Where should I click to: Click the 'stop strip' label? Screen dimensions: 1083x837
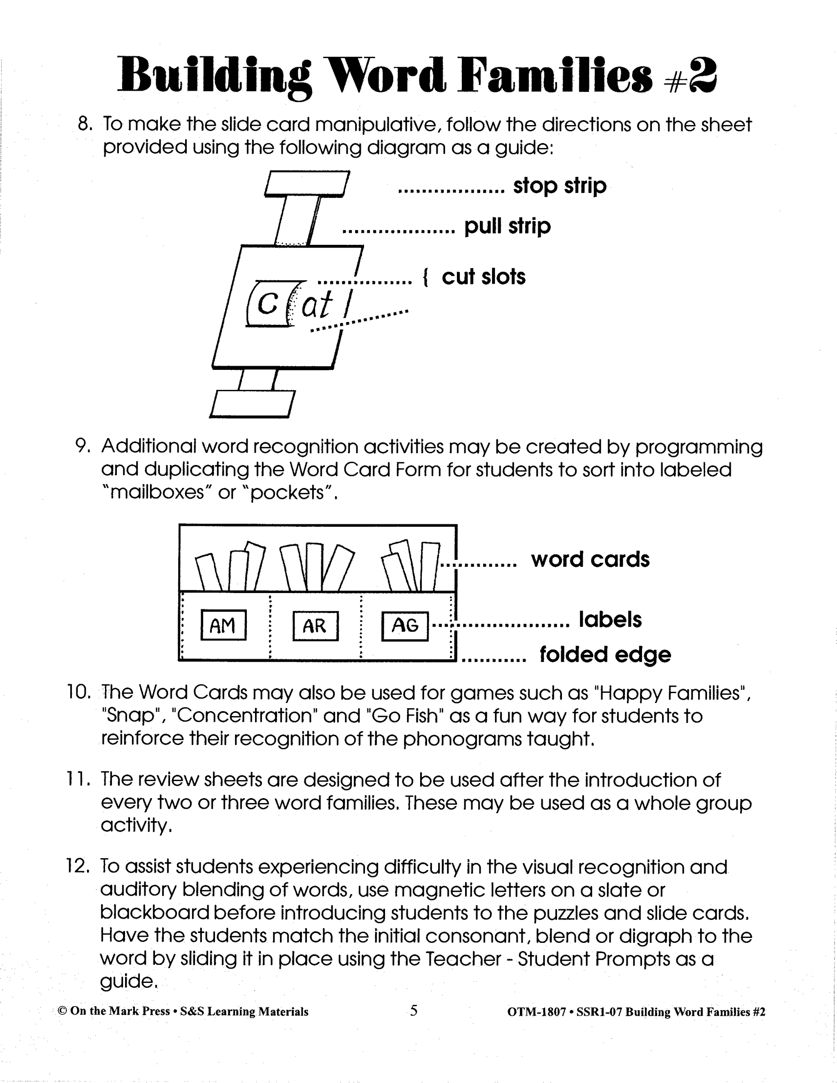pos(559,186)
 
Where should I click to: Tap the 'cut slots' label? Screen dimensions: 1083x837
pos(483,277)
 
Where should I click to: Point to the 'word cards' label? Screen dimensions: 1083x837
pos(590,559)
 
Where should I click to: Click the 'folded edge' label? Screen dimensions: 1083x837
pos(605,655)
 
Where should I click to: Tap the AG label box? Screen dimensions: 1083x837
pos(405,626)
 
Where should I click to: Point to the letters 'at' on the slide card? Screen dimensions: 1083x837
pos(316,306)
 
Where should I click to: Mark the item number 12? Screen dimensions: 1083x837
pos(78,866)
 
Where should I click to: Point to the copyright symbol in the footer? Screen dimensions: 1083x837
pos(62,1011)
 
